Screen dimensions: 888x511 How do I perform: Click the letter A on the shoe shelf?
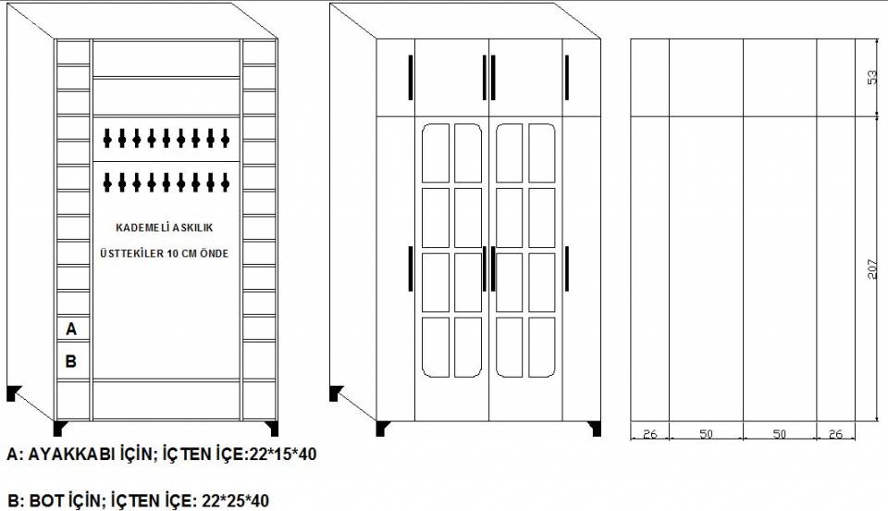[x=71, y=329]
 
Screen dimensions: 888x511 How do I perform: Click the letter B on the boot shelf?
[x=71, y=361]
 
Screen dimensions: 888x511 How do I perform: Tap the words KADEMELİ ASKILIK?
[x=165, y=228]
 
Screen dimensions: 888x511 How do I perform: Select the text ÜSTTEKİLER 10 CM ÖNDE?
[x=165, y=254]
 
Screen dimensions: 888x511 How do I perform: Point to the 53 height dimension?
[x=872, y=77]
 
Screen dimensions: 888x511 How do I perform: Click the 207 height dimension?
[x=872, y=269]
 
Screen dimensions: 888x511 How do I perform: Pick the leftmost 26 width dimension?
[x=649, y=434]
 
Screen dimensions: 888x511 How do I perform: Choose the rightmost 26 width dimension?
[x=835, y=434]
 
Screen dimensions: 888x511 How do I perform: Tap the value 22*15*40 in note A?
[x=283, y=454]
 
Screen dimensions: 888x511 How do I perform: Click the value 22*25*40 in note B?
[x=236, y=501]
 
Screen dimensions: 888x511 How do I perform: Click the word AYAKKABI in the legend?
[x=72, y=454]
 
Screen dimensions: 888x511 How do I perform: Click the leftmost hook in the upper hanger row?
[x=107, y=138]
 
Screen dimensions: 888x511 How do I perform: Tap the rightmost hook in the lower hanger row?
[x=225, y=181]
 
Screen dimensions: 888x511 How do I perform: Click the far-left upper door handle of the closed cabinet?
[x=411, y=77]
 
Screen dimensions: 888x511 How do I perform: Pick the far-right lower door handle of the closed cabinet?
[x=567, y=269]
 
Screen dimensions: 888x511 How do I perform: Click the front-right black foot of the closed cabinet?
[x=595, y=429]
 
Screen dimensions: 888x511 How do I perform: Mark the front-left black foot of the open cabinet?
[x=60, y=428]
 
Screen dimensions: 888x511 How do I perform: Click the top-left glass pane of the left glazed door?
[x=436, y=153]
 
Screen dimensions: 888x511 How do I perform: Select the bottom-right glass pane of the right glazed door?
[x=542, y=347]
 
